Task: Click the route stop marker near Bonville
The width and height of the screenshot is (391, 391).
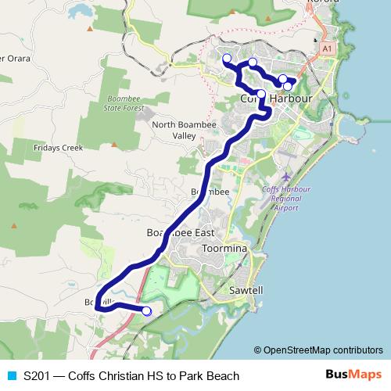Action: coord(146,311)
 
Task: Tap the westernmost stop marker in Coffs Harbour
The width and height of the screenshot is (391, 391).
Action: coord(227,59)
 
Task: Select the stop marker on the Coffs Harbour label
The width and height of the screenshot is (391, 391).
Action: coord(261,95)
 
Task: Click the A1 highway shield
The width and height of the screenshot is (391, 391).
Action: coord(327,48)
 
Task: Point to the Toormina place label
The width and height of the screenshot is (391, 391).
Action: coord(224,248)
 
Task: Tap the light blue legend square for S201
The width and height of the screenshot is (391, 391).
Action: coord(12,376)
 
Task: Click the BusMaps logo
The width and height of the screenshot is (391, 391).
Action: coord(353,375)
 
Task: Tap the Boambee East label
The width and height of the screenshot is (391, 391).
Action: coord(181,233)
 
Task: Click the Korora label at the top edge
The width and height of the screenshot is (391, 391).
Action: coord(323,3)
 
